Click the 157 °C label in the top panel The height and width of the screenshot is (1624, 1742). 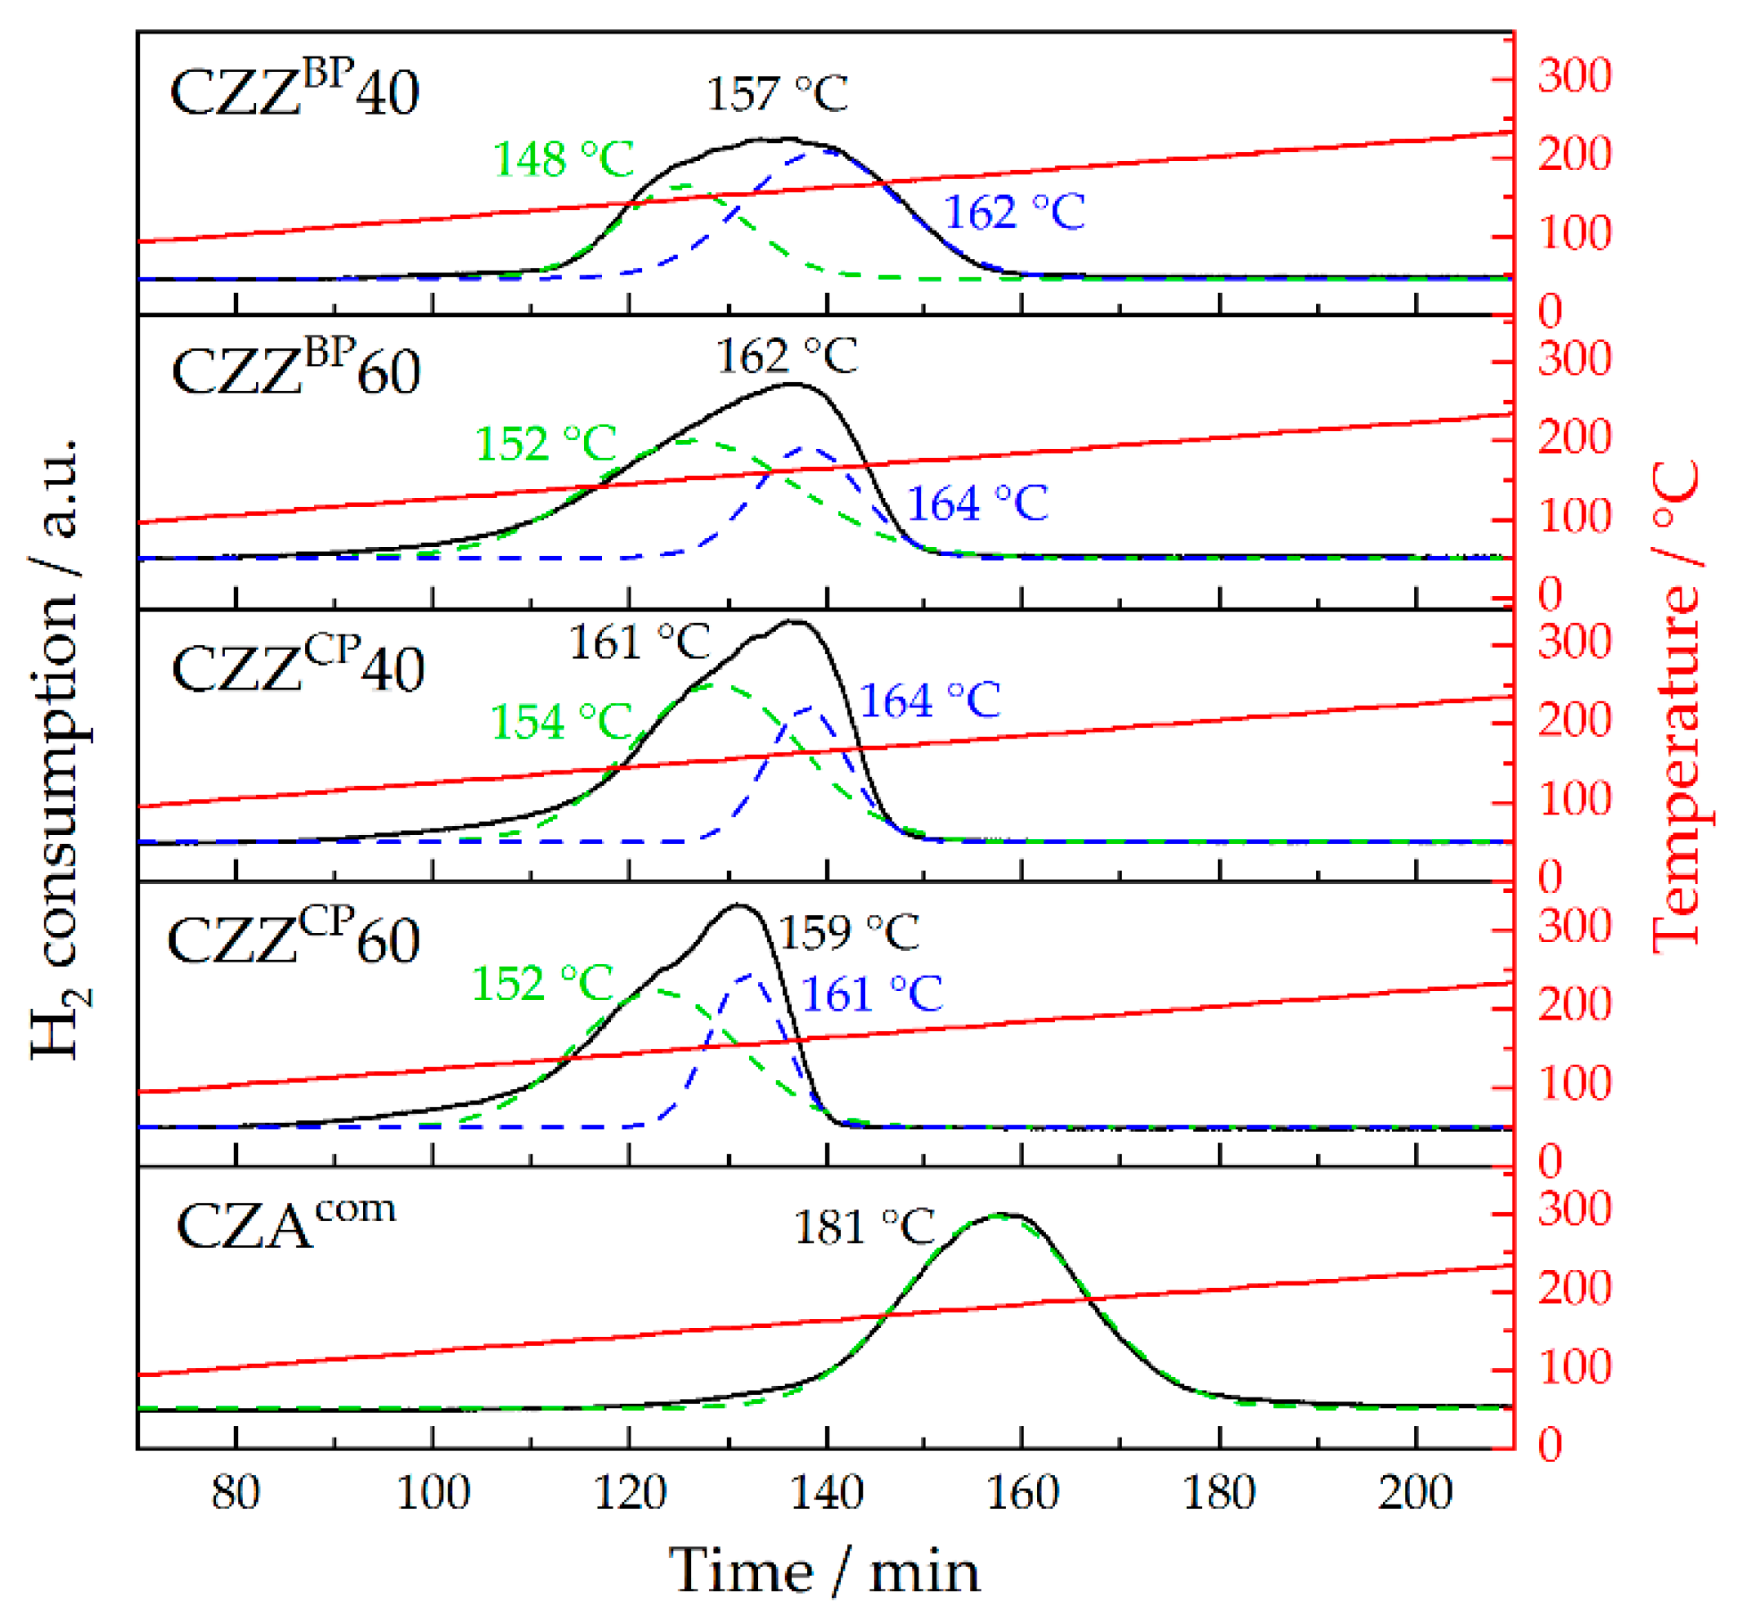(777, 95)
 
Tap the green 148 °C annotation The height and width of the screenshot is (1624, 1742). (563, 159)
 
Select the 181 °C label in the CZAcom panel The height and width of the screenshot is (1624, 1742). (864, 1227)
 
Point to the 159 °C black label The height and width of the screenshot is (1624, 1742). (848, 932)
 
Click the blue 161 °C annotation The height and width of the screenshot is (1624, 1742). (872, 994)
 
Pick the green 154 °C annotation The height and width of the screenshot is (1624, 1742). (561, 723)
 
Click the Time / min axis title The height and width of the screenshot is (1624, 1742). (824, 1572)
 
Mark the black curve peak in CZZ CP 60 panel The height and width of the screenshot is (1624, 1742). (738, 906)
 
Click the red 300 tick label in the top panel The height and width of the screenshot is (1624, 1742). (1574, 76)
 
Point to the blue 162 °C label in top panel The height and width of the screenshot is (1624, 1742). (1014, 213)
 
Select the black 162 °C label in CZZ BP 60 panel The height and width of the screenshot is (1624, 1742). (787, 357)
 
